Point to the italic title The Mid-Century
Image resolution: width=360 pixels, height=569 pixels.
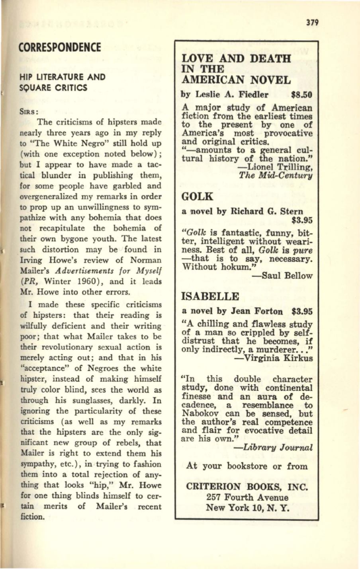[276, 175]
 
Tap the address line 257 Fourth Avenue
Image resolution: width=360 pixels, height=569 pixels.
[248, 497]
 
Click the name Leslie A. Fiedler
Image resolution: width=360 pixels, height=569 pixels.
[230, 95]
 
